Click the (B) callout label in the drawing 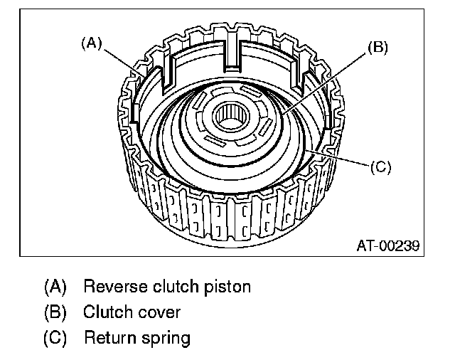378,48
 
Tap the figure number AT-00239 388,246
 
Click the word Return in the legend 108,337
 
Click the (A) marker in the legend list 55,287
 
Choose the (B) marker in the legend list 55,312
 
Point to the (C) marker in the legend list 55,337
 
